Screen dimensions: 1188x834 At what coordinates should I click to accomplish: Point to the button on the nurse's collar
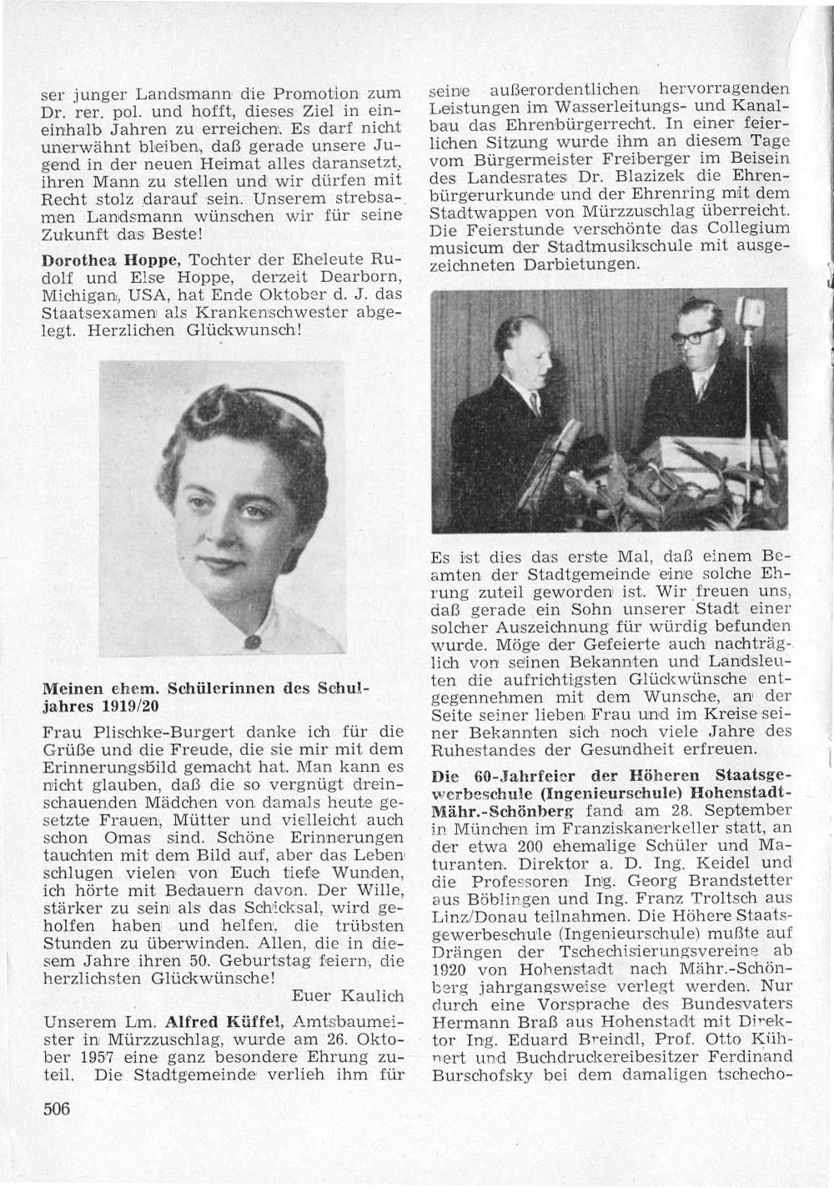252,642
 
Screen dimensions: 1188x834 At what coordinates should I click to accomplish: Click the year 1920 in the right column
449,971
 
